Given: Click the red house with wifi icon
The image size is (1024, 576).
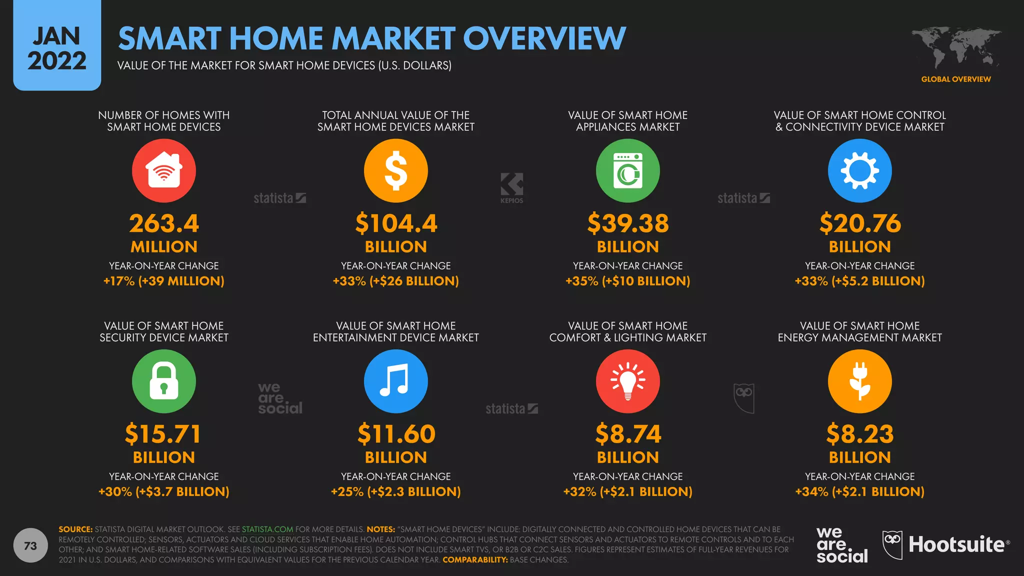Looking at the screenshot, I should point(163,170).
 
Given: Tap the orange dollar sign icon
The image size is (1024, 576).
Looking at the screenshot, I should point(395,170).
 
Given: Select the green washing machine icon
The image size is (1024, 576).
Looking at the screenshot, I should point(627,170).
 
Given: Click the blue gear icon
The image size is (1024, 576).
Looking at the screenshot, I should point(859,170).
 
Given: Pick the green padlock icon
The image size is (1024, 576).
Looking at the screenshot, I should point(163,381).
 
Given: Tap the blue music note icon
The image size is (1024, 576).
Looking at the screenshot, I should point(395,381).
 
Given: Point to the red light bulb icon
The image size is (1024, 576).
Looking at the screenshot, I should point(627,381).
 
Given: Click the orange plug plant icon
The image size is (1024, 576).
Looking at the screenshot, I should point(859,381).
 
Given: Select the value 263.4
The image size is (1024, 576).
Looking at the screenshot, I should point(163,223).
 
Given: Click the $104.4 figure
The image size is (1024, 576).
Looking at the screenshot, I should point(395,223).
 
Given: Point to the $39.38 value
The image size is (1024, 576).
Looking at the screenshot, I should point(627,223).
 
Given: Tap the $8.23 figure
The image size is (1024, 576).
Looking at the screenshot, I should point(859,434).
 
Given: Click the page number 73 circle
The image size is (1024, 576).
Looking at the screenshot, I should point(30,545).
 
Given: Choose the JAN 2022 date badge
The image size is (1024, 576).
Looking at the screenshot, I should point(57,47).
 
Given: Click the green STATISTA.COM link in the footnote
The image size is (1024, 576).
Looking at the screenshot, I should point(267,529).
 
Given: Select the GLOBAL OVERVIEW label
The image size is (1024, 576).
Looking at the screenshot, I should point(955,79).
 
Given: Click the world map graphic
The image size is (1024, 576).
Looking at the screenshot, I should point(955,47).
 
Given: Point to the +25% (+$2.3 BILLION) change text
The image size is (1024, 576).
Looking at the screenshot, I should point(395,491).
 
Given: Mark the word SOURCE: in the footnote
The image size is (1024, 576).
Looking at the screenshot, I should point(75,529).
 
